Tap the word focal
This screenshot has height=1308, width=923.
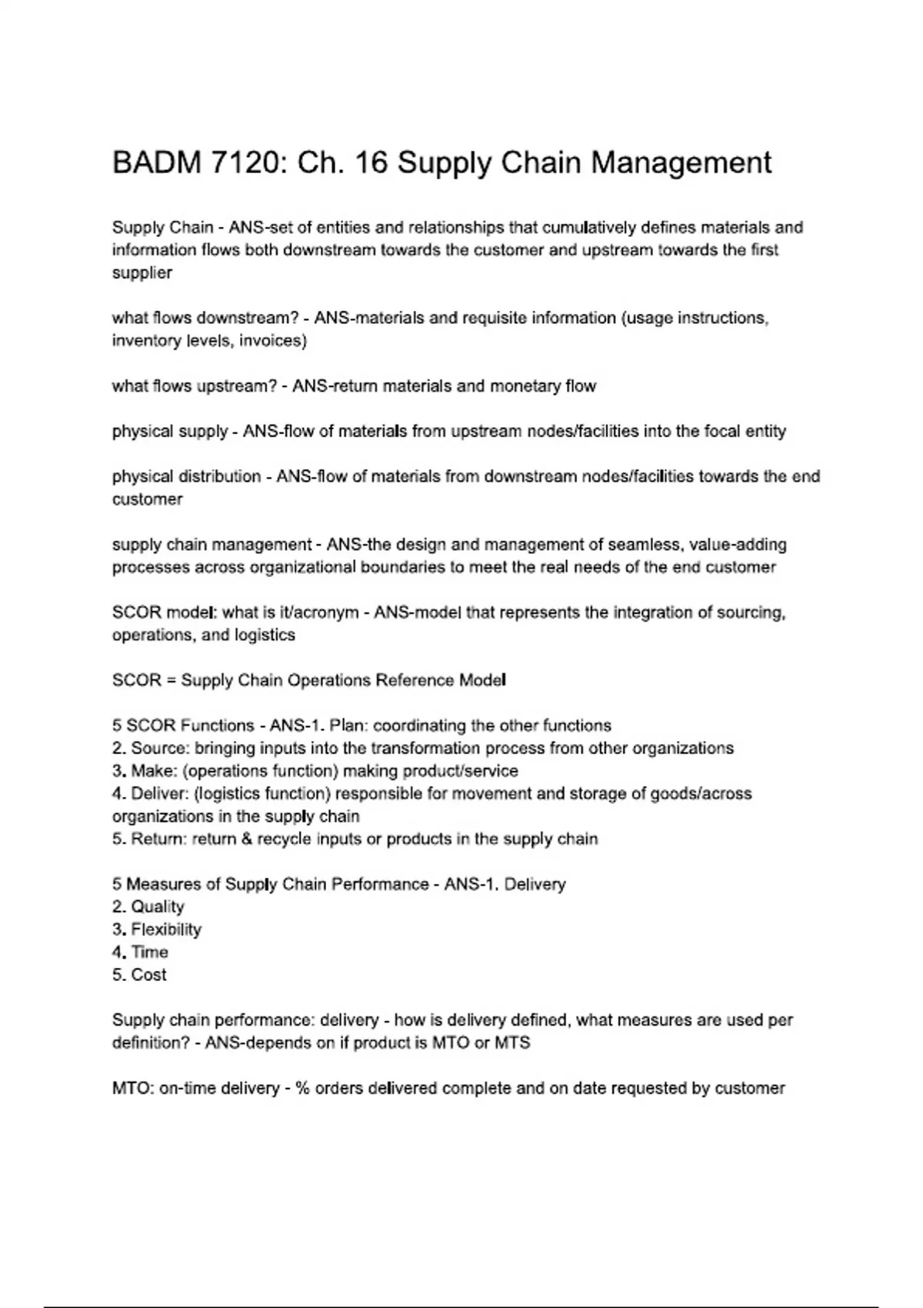(x=720, y=432)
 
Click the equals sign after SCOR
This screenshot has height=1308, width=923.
(x=172, y=681)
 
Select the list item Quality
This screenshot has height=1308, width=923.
(x=158, y=907)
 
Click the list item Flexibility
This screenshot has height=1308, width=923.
(x=166, y=929)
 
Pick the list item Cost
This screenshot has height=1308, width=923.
(x=148, y=975)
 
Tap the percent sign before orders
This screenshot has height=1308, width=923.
(x=302, y=1089)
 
